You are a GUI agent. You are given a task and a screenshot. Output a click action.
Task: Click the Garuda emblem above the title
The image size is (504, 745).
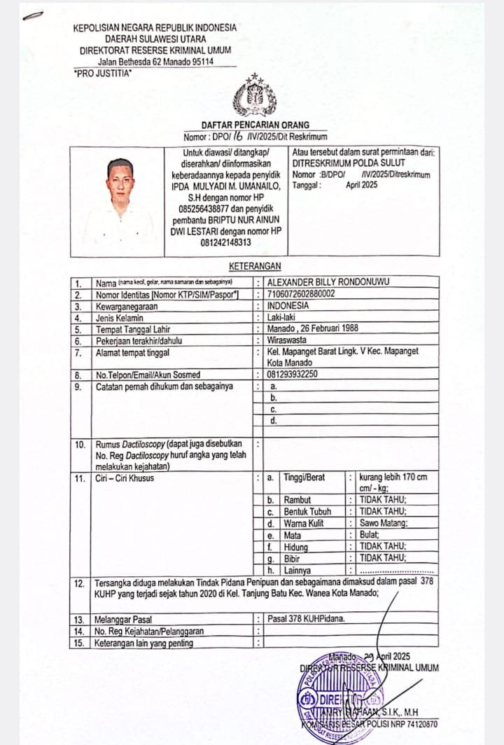(x=254, y=97)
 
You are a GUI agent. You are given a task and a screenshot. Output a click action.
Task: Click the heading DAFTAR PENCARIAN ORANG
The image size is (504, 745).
(x=255, y=125)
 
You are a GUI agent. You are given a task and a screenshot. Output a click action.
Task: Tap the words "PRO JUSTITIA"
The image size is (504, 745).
(x=102, y=73)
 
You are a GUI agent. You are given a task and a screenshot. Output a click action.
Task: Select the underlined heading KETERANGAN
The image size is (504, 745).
(x=255, y=266)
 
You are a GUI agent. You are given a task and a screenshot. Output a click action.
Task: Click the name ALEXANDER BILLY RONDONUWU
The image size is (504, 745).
(x=329, y=282)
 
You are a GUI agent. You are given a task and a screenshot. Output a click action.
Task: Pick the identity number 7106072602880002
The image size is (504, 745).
(x=301, y=294)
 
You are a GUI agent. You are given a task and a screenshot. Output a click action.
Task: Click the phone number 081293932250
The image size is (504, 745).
(x=293, y=375)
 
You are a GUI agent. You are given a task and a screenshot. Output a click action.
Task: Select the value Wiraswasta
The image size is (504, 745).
(x=287, y=340)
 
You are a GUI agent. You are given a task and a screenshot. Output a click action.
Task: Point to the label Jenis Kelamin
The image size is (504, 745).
(x=120, y=317)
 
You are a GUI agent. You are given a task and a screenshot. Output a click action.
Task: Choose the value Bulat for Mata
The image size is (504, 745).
(x=370, y=534)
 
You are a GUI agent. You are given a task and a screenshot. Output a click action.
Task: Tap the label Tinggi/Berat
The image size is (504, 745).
(x=304, y=478)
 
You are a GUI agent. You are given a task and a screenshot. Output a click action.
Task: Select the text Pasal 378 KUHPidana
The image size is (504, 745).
(x=306, y=620)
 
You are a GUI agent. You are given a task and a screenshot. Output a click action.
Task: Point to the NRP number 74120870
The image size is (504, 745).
(x=419, y=724)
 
